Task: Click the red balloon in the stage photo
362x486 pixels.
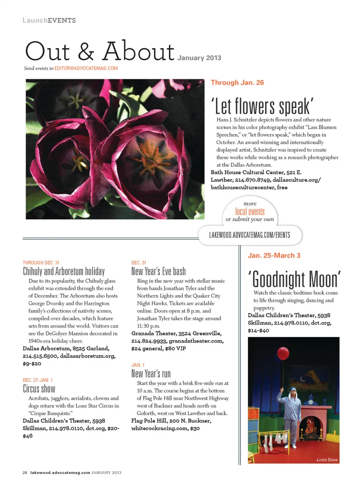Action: click(x=283, y=353)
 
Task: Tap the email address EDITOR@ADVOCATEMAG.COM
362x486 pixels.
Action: click(x=86, y=68)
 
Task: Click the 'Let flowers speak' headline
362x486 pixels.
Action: click(x=262, y=106)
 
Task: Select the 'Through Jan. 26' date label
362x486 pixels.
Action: click(x=237, y=83)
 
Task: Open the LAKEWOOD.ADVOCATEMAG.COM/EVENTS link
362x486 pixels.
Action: click(x=250, y=235)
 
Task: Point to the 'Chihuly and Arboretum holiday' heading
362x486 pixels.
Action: click(x=64, y=271)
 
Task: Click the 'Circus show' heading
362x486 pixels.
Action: click(x=39, y=389)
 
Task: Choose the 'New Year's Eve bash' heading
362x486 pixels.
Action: click(x=158, y=271)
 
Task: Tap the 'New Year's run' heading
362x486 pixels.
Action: click(x=151, y=374)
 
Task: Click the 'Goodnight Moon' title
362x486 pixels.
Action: click(x=294, y=279)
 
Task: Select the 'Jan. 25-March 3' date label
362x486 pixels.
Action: click(x=274, y=255)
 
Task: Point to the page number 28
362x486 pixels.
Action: click(x=25, y=472)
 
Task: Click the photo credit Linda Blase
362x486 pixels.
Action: click(x=327, y=460)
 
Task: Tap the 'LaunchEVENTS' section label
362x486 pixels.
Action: click(x=49, y=20)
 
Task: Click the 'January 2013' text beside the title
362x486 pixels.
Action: click(x=199, y=58)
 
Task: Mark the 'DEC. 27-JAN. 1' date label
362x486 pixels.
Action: click(x=38, y=380)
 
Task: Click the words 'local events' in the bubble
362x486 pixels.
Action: click(x=250, y=211)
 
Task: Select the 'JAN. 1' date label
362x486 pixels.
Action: click(x=138, y=365)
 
